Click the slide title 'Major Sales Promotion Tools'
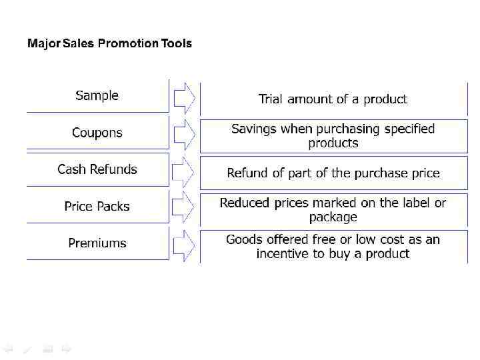pyautogui.click(x=109, y=44)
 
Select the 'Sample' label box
pyautogui.click(x=97, y=95)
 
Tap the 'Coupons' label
pyautogui.click(x=97, y=133)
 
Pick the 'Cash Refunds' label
pyautogui.click(x=97, y=169)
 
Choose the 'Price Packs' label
pyautogui.click(x=97, y=207)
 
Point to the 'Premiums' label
pyautogui.click(x=97, y=243)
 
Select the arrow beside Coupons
pyautogui.click(x=184, y=135)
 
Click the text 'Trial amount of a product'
pyautogui.click(x=333, y=99)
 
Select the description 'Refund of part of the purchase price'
pyautogui.click(x=333, y=173)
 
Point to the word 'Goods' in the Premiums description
pyautogui.click(x=243, y=239)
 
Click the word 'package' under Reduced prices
pyautogui.click(x=333, y=217)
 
